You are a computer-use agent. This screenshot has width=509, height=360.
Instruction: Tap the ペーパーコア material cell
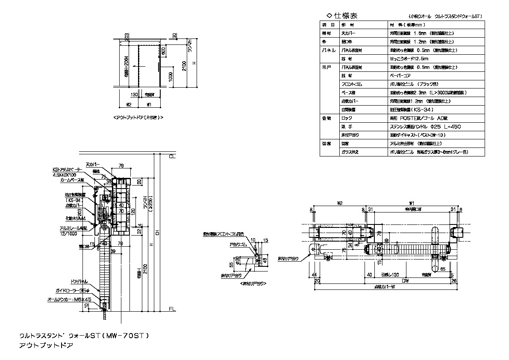(400, 75)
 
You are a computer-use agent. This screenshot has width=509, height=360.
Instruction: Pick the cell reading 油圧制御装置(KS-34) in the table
(406, 109)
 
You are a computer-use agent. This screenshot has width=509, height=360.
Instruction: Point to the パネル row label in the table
(329, 50)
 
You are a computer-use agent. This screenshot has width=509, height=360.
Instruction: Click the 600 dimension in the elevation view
(163, 50)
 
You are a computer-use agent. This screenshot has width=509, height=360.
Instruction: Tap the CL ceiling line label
(172, 157)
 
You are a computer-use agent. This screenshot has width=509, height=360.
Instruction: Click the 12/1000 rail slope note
(66, 233)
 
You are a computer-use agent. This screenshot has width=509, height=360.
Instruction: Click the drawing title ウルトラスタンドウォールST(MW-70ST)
(84, 336)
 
